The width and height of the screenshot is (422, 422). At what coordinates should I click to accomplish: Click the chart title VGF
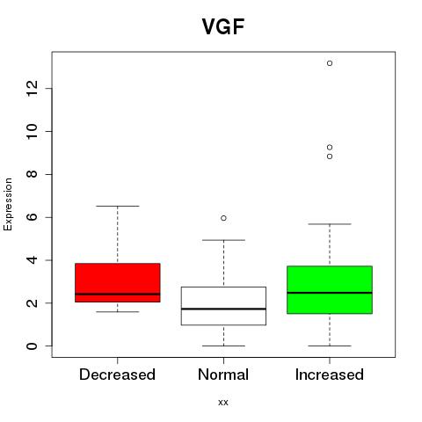coord(223,26)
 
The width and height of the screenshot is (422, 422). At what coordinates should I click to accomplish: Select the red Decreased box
coord(118,282)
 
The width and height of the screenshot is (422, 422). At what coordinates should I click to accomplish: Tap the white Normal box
coord(223,306)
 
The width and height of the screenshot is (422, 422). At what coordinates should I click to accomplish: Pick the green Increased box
coord(330,290)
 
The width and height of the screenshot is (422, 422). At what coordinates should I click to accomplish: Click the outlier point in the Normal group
coord(223,218)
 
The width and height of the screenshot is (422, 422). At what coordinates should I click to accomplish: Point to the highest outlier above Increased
coord(330,63)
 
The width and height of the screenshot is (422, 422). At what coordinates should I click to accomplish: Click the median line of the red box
coord(118,294)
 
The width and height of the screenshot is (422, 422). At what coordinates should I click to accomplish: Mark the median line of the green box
coord(330,293)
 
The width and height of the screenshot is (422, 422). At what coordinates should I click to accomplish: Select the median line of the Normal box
coord(223,309)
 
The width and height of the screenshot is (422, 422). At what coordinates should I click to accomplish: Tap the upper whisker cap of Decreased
coord(118,207)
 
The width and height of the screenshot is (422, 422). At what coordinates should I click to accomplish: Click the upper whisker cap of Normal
coord(223,240)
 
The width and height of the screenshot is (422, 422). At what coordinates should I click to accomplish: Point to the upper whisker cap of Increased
coord(330,224)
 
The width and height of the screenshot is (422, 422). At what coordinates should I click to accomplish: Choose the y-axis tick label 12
coord(32,88)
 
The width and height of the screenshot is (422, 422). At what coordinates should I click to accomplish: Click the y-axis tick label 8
coord(32,174)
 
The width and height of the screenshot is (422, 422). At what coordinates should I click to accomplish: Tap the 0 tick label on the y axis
coord(32,346)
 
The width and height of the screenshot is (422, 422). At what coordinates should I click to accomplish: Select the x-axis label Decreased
coord(117,375)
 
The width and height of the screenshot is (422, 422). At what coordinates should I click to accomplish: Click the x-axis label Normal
coord(223,375)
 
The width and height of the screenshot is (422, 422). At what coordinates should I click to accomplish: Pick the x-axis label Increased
coord(330,375)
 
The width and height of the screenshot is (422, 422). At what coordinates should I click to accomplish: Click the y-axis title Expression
coord(8,205)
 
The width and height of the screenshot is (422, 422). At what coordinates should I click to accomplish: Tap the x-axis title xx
coord(223,403)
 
